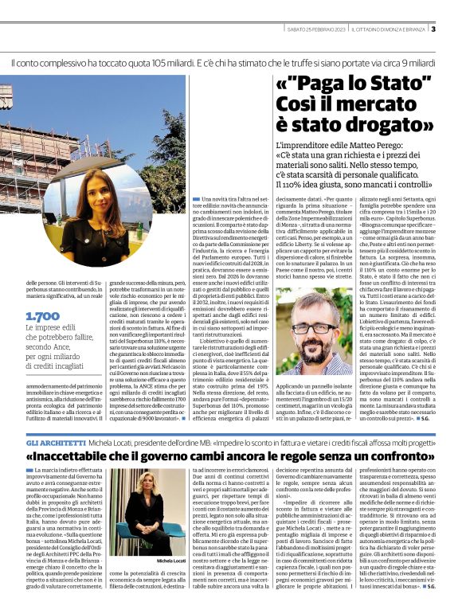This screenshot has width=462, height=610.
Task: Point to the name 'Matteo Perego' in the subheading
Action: pos(386,146)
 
